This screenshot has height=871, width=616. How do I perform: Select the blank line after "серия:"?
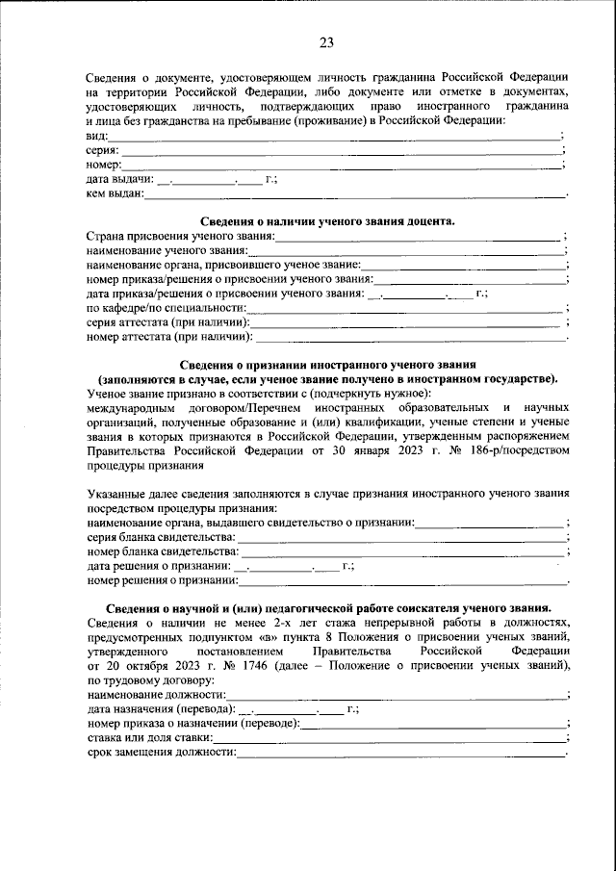click(x=341, y=151)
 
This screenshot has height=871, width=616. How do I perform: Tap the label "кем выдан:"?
click(x=115, y=194)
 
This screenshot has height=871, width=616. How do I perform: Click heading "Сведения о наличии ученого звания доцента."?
click(x=326, y=221)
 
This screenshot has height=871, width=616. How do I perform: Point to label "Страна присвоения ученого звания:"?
click(x=181, y=236)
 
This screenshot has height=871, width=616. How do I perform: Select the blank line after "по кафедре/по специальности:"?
click(x=404, y=308)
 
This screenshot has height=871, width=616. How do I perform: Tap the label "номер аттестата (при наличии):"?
click(x=170, y=338)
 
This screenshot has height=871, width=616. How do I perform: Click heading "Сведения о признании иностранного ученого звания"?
click(x=326, y=365)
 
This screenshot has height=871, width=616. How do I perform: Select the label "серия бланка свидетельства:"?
click(x=160, y=536)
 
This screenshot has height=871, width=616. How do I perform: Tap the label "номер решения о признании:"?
click(x=162, y=580)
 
